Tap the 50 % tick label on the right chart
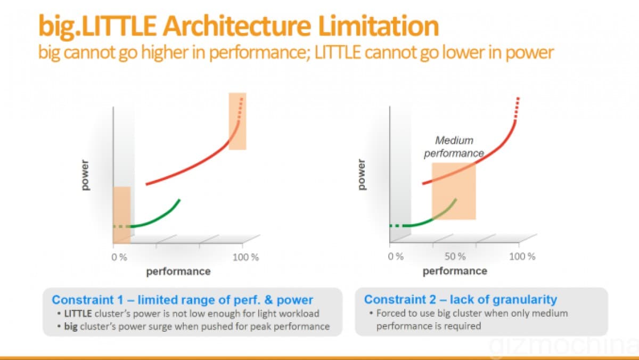pos(455,257)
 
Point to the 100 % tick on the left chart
pos(245,257)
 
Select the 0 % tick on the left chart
pos(119,257)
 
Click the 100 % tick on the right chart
pos(522,257)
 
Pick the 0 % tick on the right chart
pos(396,257)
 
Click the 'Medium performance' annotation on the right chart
pos(454,147)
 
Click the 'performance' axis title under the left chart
pos(178,272)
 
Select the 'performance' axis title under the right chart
pos(455,271)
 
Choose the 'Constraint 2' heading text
pos(461,299)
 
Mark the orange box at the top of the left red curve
pos(237,121)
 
